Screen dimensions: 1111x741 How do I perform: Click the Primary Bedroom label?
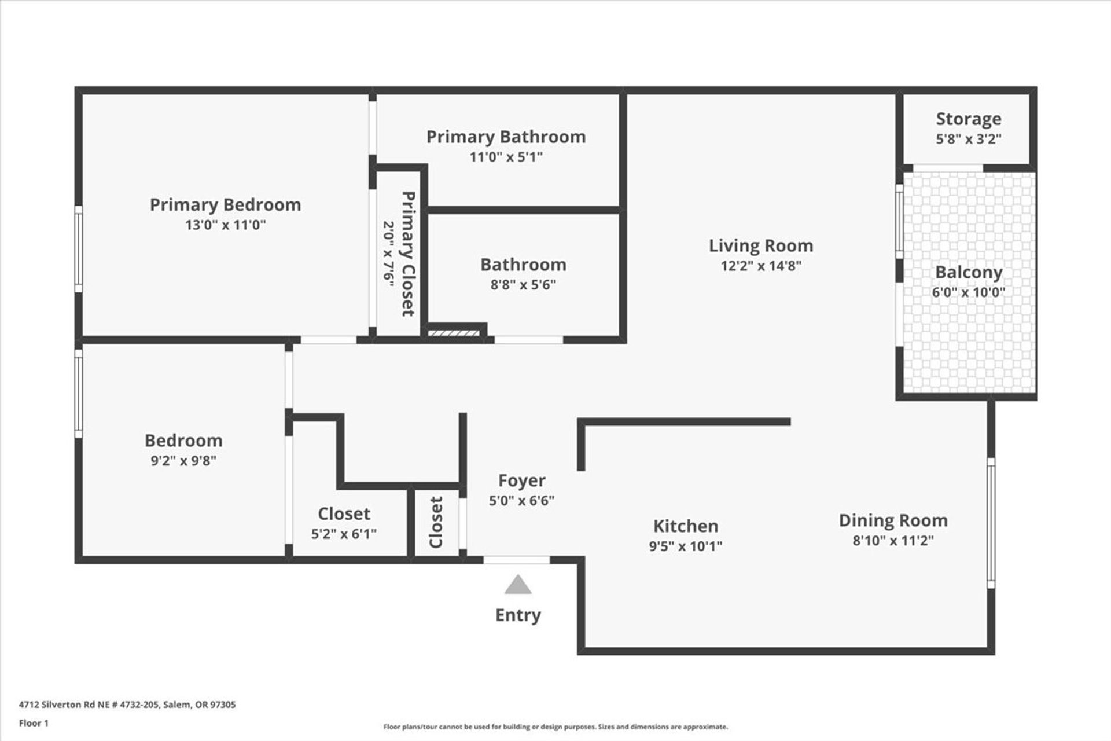point(225,205)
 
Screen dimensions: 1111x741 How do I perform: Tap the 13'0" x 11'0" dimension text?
point(225,225)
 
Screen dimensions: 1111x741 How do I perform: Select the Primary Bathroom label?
point(506,137)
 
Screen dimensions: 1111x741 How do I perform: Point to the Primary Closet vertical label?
point(408,254)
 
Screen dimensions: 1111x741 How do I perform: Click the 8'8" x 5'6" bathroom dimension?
point(523,285)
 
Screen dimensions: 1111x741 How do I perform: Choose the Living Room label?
point(761,246)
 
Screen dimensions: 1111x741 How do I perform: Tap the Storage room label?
point(969,119)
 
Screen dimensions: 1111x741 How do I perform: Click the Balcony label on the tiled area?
point(969,273)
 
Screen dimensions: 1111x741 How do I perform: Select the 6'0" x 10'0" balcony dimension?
point(969,292)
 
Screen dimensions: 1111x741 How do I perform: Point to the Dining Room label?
point(893,521)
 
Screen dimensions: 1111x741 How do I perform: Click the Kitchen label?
point(686,526)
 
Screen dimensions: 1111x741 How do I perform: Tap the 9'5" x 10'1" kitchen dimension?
point(686,546)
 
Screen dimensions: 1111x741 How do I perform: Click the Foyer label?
point(522,481)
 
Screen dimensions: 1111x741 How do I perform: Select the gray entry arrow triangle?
point(518,585)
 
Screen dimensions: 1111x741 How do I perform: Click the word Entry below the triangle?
point(518,615)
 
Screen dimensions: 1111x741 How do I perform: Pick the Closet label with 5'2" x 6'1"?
point(344,514)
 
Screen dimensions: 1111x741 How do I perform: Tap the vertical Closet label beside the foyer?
point(436,522)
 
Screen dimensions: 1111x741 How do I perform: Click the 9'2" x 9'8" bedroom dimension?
point(183,461)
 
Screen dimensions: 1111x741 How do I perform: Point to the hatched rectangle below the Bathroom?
point(454,333)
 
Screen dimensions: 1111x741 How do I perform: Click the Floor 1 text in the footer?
point(34,723)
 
